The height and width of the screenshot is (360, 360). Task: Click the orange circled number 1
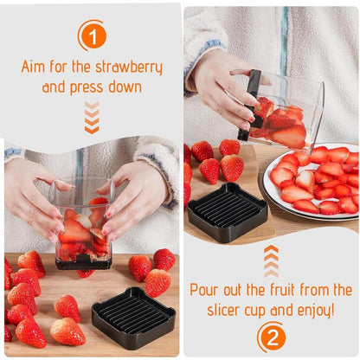click(92, 35)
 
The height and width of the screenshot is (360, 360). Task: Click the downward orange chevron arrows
click(92, 117)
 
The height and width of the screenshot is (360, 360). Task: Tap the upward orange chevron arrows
click(272, 260)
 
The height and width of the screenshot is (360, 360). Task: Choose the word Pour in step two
click(209, 290)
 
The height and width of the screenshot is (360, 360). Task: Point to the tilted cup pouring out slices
click(286, 111)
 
